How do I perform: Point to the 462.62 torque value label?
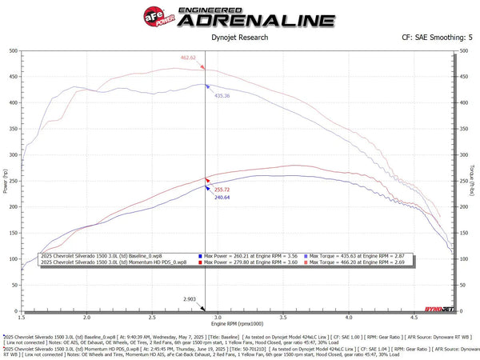click(188, 58)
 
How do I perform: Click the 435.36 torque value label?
click(222, 95)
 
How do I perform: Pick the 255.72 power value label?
click(222, 190)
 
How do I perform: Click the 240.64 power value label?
click(222, 197)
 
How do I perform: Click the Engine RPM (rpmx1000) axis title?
click(239, 325)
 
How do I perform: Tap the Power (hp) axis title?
click(6, 181)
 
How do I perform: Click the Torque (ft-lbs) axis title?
click(474, 181)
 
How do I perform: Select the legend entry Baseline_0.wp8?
click(113, 255)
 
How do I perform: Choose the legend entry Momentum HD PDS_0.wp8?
click(113, 262)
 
